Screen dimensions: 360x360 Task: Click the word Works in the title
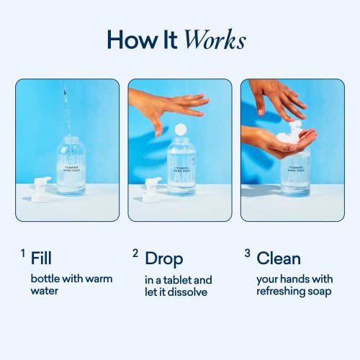pyautogui.click(x=215, y=40)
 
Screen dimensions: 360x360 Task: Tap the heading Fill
pyautogui.click(x=42, y=257)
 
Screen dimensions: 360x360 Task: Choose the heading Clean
pyautogui.click(x=279, y=257)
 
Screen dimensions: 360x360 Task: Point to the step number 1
pyautogui.click(x=22, y=253)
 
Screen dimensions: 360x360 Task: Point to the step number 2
pyautogui.click(x=135, y=253)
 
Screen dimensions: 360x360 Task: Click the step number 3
pyautogui.click(x=246, y=253)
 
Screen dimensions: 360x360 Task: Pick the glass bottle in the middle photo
pyautogui.click(x=181, y=169)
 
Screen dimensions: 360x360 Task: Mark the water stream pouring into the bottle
pyautogui.click(x=68, y=108)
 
